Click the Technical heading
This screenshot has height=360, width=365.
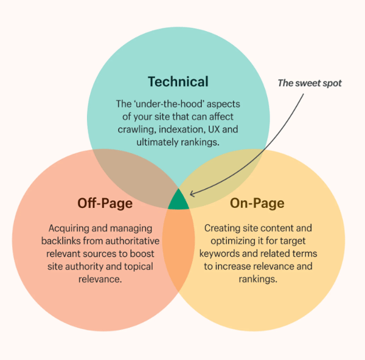pos(178,81)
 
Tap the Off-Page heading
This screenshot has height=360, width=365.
pos(105,203)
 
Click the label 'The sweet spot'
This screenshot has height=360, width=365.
pos(310,83)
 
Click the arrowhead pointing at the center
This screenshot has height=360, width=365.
pos(192,194)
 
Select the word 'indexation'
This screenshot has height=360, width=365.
pos(184,130)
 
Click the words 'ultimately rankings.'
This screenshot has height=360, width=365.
pos(178,143)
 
